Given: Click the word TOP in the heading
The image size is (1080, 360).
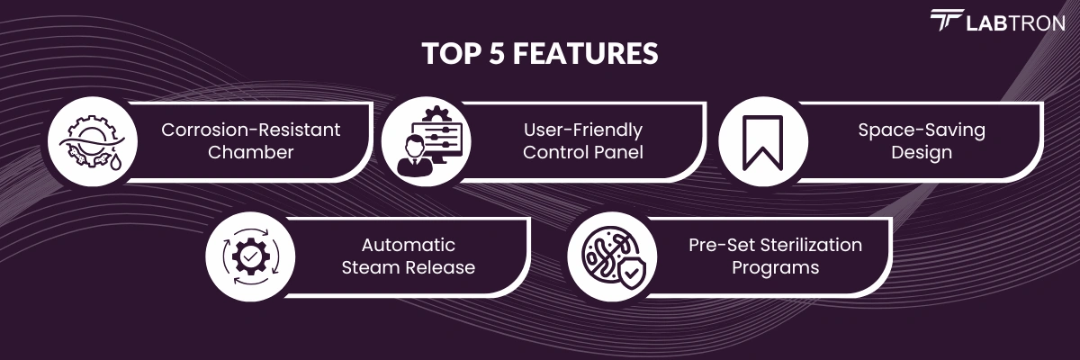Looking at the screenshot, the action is (452, 53).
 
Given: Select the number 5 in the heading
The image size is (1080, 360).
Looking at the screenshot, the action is (497, 53).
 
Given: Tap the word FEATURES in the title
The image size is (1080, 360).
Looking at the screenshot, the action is (585, 53).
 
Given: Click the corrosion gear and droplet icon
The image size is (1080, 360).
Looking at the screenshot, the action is (92, 142).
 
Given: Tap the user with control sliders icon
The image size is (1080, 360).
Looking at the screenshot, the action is (427, 141).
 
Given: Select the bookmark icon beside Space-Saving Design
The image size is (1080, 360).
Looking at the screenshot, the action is (762, 143).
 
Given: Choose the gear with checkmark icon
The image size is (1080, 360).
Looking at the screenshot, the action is (250, 256).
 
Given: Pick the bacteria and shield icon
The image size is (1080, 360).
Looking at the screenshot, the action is (612, 257).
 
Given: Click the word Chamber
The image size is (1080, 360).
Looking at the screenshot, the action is (251, 152).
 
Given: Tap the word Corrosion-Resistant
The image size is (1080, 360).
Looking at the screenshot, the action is (251, 130).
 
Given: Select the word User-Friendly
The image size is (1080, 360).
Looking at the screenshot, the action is (583, 130).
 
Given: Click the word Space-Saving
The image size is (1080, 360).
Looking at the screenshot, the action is (922, 130).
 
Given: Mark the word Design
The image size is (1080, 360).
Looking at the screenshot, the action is (922, 153).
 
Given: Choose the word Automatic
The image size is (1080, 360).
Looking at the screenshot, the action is (409, 246).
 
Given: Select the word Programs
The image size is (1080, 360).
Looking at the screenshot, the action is (775, 268).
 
